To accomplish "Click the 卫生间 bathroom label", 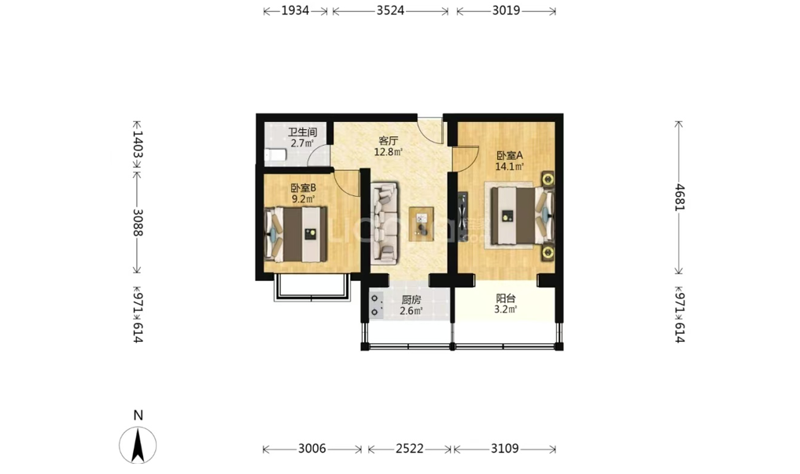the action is pyautogui.click(x=303, y=133).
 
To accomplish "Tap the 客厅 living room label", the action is pyautogui.click(x=388, y=140).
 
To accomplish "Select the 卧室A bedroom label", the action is pyautogui.click(x=510, y=155).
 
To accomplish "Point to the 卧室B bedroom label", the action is pyautogui.click(x=304, y=188).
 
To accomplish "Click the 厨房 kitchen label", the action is pyautogui.click(x=411, y=300).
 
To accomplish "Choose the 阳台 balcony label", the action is pyautogui.click(x=506, y=298).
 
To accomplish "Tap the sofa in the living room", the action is pyautogui.click(x=385, y=224).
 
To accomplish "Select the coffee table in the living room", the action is pyautogui.click(x=421, y=224).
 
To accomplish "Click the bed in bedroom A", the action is pyautogui.click(x=522, y=215).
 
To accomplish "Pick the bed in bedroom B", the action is pyautogui.click(x=296, y=235).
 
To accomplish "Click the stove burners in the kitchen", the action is pyautogui.click(x=376, y=305).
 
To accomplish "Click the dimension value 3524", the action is pyautogui.click(x=390, y=11).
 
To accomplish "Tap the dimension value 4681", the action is pyautogui.click(x=679, y=197).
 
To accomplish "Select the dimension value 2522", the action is pyautogui.click(x=410, y=449).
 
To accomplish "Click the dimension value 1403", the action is pyautogui.click(x=138, y=145).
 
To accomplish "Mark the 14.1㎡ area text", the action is pyautogui.click(x=510, y=166).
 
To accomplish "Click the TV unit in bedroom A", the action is pyautogui.click(x=463, y=217).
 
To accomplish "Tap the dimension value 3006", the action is pyautogui.click(x=312, y=449).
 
